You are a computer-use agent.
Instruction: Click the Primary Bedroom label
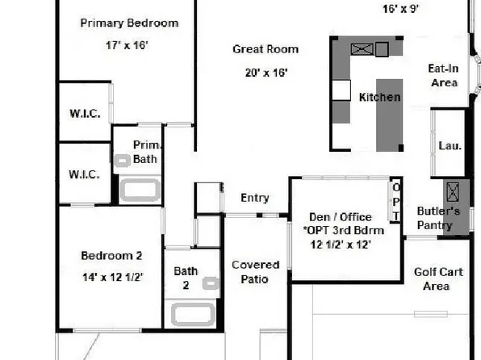coord(129,23)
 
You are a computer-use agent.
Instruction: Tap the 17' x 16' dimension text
coord(127,46)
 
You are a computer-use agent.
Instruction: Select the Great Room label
coord(266,49)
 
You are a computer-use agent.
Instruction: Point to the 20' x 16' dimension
coord(266,73)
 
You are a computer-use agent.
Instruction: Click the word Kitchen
coord(379,97)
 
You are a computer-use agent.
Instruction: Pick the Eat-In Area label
coord(443,76)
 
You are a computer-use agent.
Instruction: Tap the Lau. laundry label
coord(450,146)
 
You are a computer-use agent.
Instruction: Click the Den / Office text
coord(341,216)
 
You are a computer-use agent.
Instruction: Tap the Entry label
coord(255,198)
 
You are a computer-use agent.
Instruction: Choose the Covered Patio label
coord(255,272)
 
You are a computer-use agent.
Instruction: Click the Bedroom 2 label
coord(111,256)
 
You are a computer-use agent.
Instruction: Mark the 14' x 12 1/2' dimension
coord(112,277)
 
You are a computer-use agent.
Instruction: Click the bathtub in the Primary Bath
coord(140,190)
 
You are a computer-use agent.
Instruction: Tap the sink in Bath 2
coord(211,283)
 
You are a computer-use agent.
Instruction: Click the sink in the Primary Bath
coord(122,161)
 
